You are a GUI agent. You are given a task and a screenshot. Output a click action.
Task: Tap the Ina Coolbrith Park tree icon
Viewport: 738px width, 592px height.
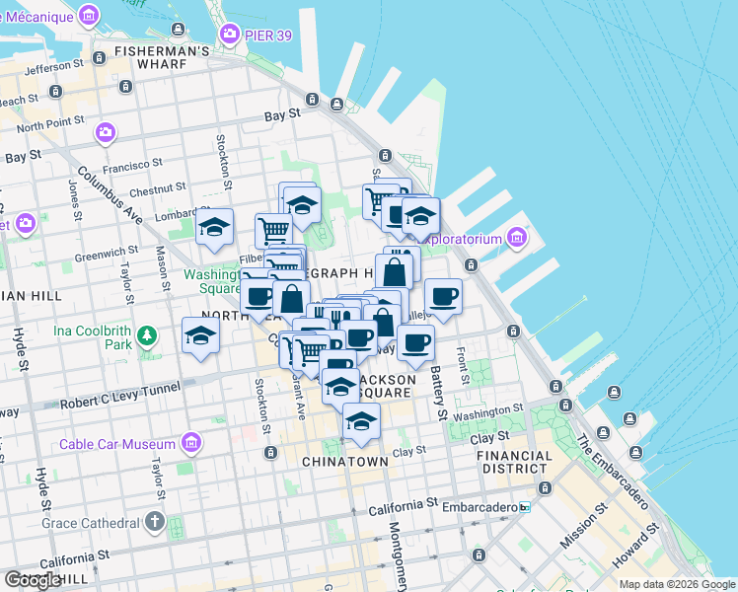pyautogui.click(x=147, y=336)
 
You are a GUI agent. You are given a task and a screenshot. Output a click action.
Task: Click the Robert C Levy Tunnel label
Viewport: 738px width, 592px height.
pyautogui.click(x=119, y=404)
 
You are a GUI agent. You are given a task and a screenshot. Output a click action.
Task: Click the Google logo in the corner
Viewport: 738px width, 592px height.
pyautogui.click(x=34, y=579)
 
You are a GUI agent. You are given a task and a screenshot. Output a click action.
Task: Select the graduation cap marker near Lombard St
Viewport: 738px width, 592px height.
pyautogui.click(x=214, y=227)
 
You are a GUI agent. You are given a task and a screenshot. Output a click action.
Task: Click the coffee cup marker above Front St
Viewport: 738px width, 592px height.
pyautogui.click(x=443, y=296)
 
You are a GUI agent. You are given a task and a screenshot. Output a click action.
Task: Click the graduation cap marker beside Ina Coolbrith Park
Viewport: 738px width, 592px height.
pyautogui.click(x=200, y=334)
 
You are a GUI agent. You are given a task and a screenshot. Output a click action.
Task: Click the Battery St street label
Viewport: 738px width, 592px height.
pyautogui.click(x=439, y=392)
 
